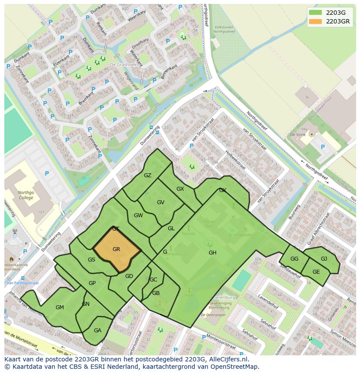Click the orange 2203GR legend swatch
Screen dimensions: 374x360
coord(316,21)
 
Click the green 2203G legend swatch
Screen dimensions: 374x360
coord(316,13)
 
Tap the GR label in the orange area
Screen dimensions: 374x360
coord(116,249)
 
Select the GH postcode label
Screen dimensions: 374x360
coord(212,253)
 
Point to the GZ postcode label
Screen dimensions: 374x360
coord(148,175)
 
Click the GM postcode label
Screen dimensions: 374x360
coord(60,308)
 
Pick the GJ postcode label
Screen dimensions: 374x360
coord(324,259)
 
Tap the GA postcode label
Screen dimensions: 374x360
coord(97,331)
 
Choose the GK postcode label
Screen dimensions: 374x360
coord(223,190)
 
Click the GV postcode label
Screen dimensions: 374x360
coord(160,202)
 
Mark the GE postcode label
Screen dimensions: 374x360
coord(316,272)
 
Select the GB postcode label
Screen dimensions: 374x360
coord(156,293)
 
